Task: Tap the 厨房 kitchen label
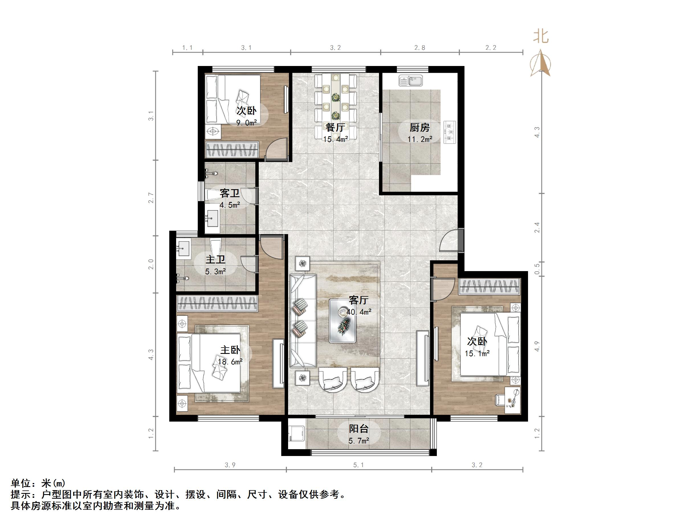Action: click(x=419, y=128)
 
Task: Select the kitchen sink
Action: click(x=411, y=81)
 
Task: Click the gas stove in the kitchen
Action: click(x=450, y=132)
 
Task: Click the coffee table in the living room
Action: click(x=343, y=321)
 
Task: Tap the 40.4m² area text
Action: click(x=358, y=312)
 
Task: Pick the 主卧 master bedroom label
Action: click(x=230, y=350)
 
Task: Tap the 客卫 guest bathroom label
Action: click(x=229, y=193)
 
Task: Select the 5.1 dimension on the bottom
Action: click(x=358, y=465)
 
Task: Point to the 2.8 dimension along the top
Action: click(x=419, y=48)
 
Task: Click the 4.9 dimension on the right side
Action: click(x=537, y=346)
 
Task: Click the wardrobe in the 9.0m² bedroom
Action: click(x=232, y=149)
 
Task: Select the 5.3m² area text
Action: click(x=215, y=271)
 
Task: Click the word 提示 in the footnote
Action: click(x=21, y=495)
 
